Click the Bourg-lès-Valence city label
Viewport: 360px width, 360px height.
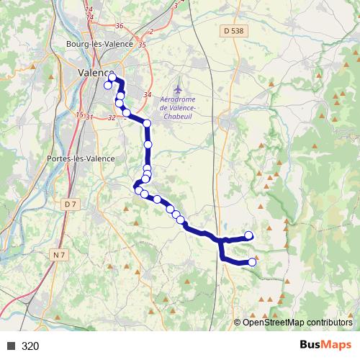pyautogui.click(x=100, y=43)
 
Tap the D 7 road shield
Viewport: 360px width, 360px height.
pyautogui.click(x=70, y=204)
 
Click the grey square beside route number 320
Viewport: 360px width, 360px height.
pyautogui.click(x=10, y=346)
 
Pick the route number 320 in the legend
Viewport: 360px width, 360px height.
pyautogui.click(x=30, y=346)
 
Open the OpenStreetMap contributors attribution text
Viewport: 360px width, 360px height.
pyautogui.click(x=297, y=323)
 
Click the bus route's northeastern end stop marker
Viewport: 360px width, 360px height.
pyautogui.click(x=249, y=235)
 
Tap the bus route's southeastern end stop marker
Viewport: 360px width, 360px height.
pyautogui.click(x=252, y=262)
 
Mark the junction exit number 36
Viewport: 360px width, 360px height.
pyautogui.click(x=119, y=26)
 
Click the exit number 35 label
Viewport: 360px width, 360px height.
pyautogui.click(x=142, y=45)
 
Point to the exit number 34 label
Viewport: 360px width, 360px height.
pyautogui.click(x=148, y=95)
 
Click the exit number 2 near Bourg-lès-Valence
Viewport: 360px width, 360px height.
pyautogui.click(x=151, y=32)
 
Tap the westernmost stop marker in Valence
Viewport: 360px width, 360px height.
pyautogui.click(x=108, y=86)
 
